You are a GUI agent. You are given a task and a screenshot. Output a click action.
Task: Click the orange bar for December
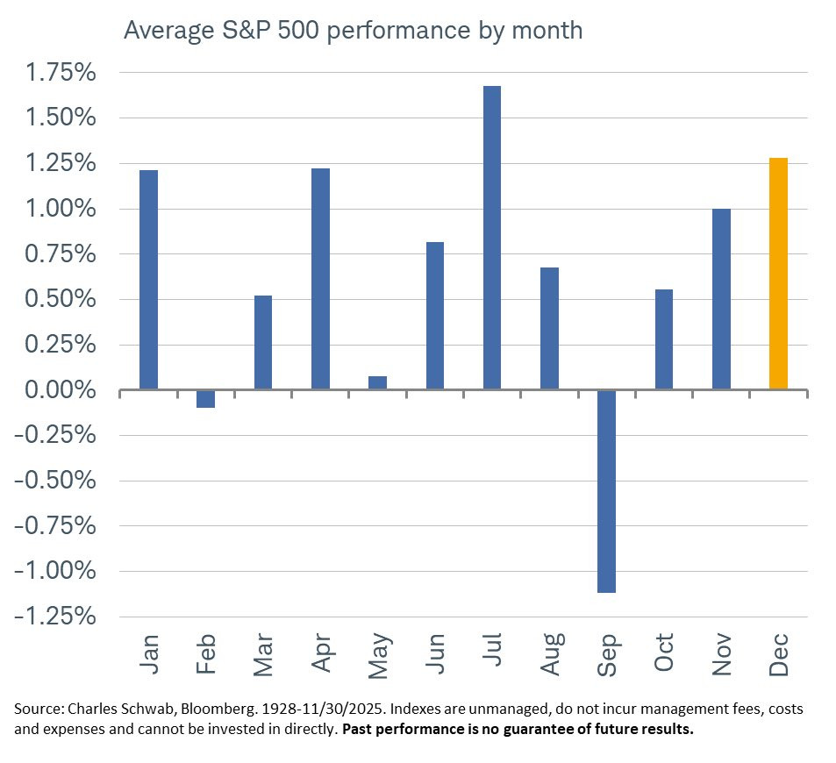778,274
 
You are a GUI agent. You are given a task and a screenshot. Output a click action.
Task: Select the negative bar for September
607,491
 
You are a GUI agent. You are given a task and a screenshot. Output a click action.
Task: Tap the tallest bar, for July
492,238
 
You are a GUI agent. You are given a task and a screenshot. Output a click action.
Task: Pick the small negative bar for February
206,399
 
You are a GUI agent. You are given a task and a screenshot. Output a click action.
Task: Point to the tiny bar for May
377,383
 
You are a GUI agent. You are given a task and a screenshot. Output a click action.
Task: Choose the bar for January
149,280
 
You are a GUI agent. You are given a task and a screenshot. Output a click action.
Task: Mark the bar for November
721,299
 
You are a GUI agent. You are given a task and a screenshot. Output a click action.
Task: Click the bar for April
320,279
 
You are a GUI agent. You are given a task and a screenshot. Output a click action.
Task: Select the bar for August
550,329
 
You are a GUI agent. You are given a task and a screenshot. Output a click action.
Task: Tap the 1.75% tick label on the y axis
61,73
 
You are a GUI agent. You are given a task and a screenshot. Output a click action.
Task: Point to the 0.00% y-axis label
61,389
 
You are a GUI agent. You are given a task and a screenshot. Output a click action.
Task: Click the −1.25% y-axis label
55,617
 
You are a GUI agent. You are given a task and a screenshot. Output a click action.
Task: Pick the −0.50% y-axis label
55,481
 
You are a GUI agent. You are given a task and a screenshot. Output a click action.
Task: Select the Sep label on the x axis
607,655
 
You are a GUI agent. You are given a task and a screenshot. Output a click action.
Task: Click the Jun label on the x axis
435,653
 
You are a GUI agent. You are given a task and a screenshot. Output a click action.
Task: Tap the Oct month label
664,652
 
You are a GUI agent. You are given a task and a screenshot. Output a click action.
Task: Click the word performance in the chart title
398,31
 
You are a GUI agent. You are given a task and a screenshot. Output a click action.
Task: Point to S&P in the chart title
246,30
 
